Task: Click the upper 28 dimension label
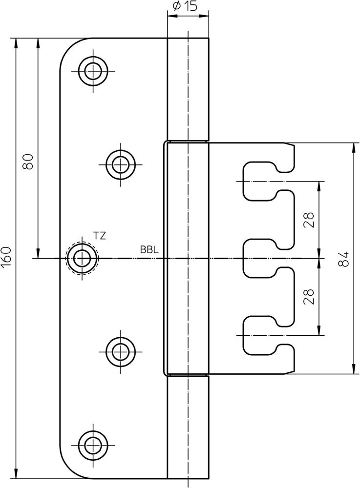(x=309, y=220)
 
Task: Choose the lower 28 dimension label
(x=309, y=296)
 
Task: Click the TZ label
(x=100, y=236)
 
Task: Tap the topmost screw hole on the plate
(x=92, y=71)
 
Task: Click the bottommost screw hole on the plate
(x=92, y=444)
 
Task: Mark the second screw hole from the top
(x=120, y=162)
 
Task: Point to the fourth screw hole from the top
(x=120, y=349)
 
